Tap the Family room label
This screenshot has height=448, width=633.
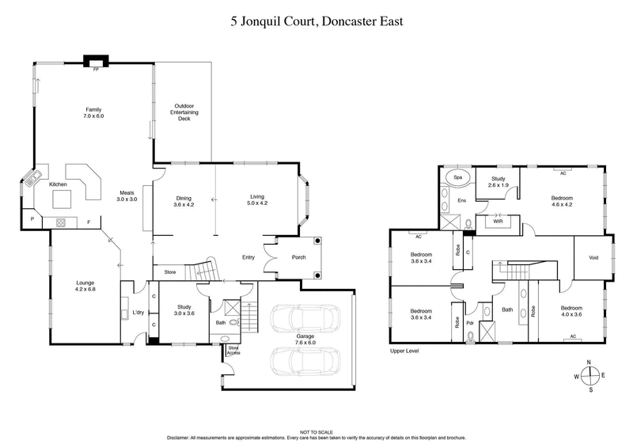(x=94, y=113)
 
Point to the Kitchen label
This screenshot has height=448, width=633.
(x=59, y=184)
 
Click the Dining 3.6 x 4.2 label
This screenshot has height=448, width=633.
(x=184, y=201)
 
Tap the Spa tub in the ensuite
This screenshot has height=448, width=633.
(x=458, y=176)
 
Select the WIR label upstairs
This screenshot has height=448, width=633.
(x=498, y=222)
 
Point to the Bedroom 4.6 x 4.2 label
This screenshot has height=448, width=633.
(x=563, y=202)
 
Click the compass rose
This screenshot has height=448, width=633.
(x=589, y=376)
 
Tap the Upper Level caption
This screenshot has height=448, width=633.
(x=404, y=351)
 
